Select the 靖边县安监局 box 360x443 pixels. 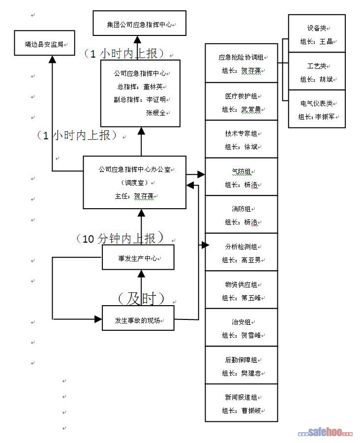(44, 43)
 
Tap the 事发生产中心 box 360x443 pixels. (138, 257)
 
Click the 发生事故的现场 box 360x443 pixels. (138, 320)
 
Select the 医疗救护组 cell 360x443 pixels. (241, 102)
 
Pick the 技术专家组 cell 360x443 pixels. (241, 139)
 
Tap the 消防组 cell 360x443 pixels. (241, 215)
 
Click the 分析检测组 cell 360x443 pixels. (241, 252)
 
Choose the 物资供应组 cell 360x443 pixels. (241, 290)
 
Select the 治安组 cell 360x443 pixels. (241, 328)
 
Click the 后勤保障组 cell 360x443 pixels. (241, 366)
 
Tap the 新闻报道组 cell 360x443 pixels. (241, 403)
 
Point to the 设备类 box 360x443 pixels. (317, 34)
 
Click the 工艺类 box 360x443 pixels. (317, 72)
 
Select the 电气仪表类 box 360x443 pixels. (317, 109)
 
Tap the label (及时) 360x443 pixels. (140, 298)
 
